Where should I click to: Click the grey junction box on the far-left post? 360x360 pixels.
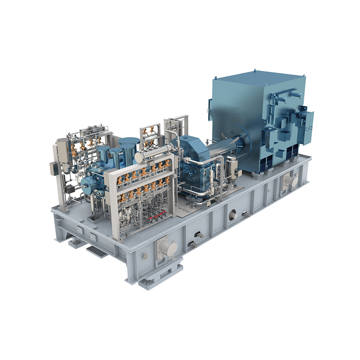click(x=53, y=168)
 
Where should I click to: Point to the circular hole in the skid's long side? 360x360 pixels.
click(x=233, y=216)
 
